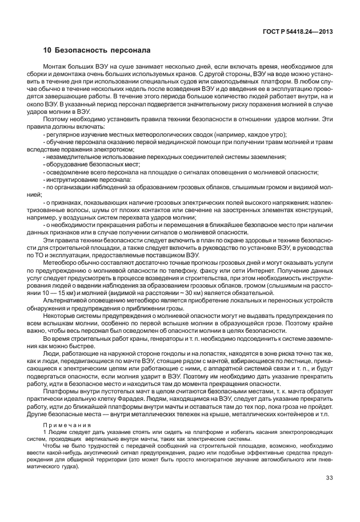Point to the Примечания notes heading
[64, 425]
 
